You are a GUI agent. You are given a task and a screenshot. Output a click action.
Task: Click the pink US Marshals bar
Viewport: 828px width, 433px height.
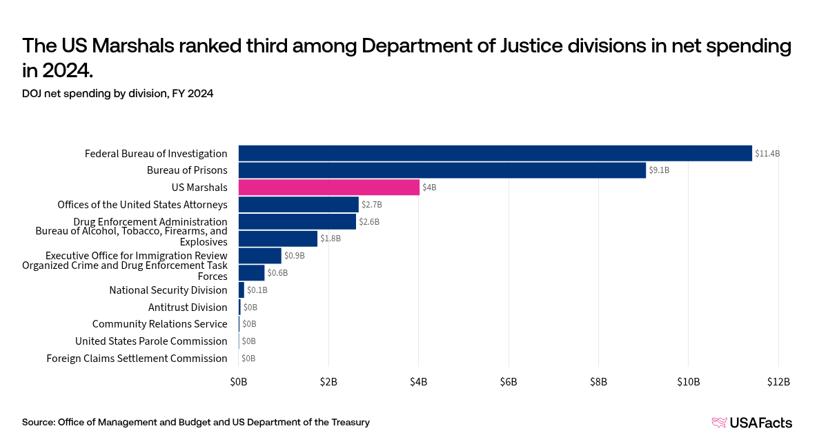click(x=328, y=187)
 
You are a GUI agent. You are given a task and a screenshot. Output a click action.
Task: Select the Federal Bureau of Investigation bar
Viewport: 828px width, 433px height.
click(x=495, y=153)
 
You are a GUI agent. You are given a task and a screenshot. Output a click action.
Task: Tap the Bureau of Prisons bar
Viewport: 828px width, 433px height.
click(x=442, y=170)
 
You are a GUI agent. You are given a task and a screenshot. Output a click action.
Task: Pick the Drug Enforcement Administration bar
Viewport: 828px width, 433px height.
click(x=297, y=221)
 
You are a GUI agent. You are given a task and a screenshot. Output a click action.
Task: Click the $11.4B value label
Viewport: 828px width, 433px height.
click(x=767, y=154)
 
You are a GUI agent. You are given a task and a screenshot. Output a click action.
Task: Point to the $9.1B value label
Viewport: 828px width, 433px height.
click(x=660, y=170)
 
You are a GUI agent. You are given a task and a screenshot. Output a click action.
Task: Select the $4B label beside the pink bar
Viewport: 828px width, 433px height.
click(x=429, y=188)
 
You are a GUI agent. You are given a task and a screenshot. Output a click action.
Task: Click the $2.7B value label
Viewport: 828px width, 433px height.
click(x=372, y=205)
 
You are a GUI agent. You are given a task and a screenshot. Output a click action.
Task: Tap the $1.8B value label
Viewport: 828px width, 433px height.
click(x=331, y=239)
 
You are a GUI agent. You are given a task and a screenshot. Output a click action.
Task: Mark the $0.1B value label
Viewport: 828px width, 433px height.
click(x=257, y=290)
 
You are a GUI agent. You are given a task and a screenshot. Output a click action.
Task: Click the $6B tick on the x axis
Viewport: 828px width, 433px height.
click(x=509, y=382)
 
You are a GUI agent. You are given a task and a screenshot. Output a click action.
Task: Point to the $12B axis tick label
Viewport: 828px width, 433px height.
click(x=778, y=382)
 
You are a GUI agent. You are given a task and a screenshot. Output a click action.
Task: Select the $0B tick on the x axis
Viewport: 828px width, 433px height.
click(x=239, y=382)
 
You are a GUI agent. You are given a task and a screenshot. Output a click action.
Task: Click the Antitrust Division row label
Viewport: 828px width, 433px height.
click(x=188, y=308)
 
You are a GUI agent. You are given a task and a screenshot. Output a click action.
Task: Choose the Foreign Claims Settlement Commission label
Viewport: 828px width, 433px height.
click(x=137, y=359)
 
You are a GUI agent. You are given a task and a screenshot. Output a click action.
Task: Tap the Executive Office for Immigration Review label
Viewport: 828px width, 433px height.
click(x=136, y=256)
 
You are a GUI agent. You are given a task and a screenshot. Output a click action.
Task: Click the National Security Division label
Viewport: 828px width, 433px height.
click(x=168, y=290)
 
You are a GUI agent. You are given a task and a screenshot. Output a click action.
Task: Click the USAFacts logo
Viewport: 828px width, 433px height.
click(x=751, y=423)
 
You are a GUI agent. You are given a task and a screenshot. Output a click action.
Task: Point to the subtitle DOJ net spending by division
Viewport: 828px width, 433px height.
click(x=117, y=94)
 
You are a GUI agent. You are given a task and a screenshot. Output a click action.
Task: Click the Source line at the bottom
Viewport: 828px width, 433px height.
click(x=196, y=422)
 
